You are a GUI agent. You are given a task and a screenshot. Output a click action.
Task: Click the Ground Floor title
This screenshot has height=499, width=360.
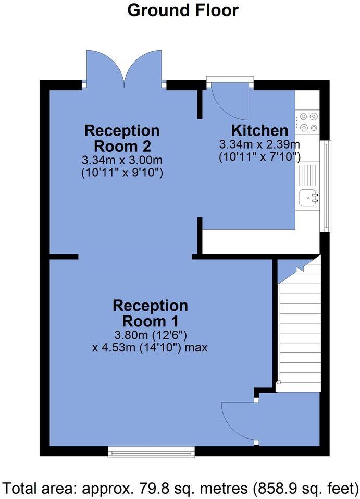click(x=183, y=10)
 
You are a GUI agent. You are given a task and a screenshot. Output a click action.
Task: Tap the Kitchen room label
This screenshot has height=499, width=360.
click(x=259, y=130)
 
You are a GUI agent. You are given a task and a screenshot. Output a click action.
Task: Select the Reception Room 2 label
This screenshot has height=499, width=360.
click(x=122, y=138)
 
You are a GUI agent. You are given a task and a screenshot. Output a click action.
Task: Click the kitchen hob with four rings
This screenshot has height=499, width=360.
click(x=307, y=121)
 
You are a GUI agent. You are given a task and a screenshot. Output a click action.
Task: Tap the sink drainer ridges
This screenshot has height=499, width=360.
click(x=307, y=173)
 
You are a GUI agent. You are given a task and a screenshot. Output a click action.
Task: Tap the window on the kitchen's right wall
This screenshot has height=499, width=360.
click(x=327, y=185)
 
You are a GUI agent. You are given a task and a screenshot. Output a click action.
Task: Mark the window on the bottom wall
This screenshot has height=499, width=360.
click(x=151, y=452)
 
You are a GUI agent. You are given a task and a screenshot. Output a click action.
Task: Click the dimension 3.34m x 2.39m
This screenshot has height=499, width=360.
click(x=259, y=144)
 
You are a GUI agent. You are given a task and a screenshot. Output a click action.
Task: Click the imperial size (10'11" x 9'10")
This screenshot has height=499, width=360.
click(x=122, y=173)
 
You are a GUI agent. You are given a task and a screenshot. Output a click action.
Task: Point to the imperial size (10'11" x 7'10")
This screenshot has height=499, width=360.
click(x=259, y=156)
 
